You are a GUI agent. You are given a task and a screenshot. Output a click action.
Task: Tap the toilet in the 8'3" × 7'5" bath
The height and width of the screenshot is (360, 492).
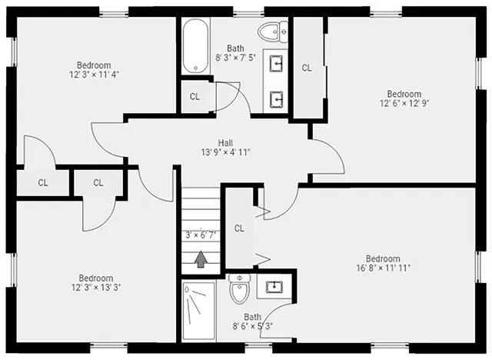(269, 32)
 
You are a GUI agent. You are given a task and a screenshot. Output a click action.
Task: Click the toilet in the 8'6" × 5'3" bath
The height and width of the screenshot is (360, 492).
(239, 291)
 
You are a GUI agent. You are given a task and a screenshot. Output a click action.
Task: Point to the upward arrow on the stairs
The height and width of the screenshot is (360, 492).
(201, 261)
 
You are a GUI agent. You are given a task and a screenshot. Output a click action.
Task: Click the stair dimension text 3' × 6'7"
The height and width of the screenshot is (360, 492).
(201, 235)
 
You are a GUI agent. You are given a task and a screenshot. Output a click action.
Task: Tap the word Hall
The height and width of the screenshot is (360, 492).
(225, 142)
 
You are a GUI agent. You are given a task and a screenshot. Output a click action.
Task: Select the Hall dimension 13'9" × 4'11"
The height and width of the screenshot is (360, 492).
(225, 152)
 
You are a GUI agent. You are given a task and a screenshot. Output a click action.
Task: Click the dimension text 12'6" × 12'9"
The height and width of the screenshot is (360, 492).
(404, 102)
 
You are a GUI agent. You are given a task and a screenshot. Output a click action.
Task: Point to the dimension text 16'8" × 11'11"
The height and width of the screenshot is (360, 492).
(383, 268)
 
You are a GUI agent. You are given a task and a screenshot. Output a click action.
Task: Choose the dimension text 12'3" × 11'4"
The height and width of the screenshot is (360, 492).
(94, 75)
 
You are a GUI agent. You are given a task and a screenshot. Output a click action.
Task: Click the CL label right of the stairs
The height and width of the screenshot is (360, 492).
(239, 228)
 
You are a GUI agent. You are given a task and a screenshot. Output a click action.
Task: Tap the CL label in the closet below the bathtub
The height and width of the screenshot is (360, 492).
(194, 97)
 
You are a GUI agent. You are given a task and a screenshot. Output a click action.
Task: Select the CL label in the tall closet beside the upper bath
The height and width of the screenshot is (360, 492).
(307, 68)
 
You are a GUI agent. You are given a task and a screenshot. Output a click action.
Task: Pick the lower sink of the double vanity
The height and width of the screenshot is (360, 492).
(276, 98)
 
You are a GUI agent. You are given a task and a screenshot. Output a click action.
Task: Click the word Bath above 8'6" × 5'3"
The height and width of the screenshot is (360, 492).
(253, 316)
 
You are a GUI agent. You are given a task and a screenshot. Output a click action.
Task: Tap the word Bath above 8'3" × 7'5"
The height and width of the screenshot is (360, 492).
(236, 48)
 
